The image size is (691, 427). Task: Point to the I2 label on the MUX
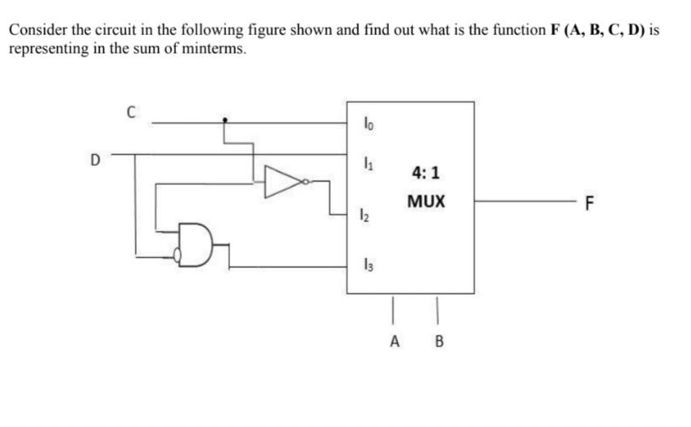[369, 216]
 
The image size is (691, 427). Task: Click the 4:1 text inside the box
[425, 173]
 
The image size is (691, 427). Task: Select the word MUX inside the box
[425, 201]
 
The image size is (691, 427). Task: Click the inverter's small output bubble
[305, 183]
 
